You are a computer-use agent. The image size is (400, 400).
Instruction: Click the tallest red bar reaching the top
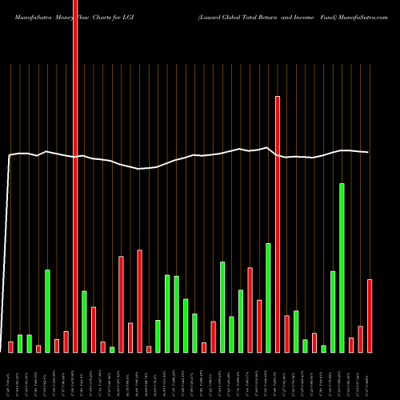(x=75, y=176)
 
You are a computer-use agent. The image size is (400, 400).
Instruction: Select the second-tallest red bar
(x=278, y=224)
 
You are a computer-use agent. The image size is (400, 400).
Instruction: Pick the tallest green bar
(x=342, y=268)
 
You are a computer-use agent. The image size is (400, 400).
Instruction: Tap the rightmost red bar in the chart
(x=370, y=316)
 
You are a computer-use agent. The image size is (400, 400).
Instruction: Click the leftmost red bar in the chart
(x=10, y=346)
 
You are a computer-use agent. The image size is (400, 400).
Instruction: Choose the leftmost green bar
(x=20, y=343)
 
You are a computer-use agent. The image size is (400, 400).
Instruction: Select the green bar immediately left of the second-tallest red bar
(x=268, y=298)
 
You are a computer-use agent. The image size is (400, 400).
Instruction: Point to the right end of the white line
(x=368, y=152)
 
